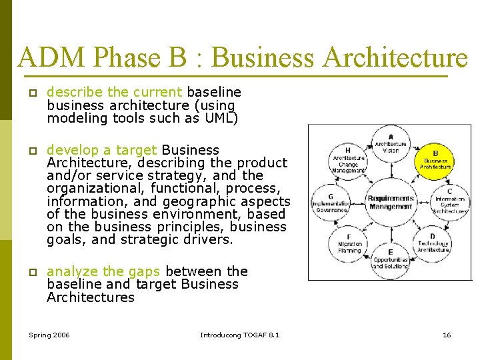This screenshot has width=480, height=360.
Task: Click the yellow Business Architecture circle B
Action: point(435,159)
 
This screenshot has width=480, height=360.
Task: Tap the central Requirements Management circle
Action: point(391,201)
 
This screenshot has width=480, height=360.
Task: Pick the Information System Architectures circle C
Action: point(449,201)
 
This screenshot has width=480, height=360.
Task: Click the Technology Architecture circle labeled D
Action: point(433,243)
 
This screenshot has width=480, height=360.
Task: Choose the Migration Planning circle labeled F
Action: point(349,243)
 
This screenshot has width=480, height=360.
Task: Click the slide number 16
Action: point(447,335)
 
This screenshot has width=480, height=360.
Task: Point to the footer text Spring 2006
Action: point(49,335)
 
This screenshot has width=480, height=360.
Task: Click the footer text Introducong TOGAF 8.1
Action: point(240,335)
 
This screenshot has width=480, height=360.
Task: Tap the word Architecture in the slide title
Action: point(396,59)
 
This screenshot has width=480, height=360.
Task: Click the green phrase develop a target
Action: point(102,150)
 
